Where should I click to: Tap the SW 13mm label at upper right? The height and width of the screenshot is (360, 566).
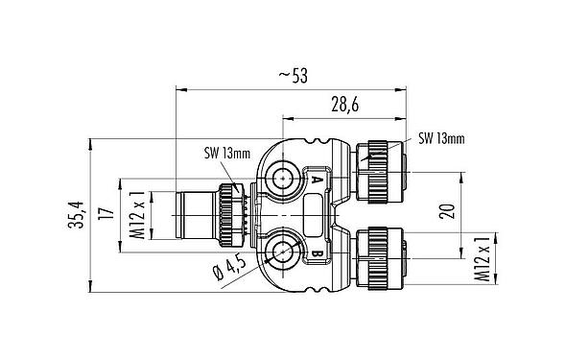pyautogui.click(x=441, y=139)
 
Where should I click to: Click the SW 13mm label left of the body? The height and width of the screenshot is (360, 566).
pyautogui.click(x=228, y=151)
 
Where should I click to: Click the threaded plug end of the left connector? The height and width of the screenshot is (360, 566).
pyautogui.click(x=192, y=213)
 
